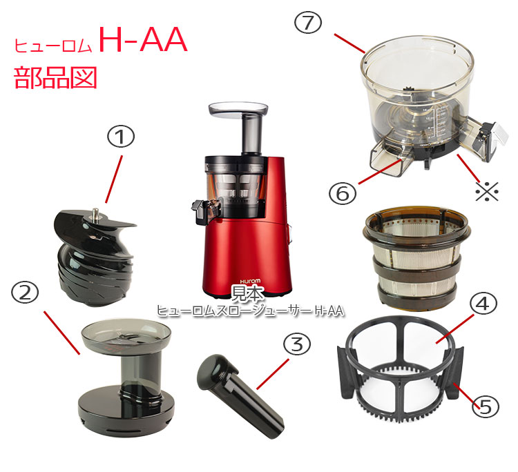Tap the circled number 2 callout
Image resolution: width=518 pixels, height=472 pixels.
[26, 293]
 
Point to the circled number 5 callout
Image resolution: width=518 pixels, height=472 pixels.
[485, 407]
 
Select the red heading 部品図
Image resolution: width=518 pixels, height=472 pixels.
[55, 77]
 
